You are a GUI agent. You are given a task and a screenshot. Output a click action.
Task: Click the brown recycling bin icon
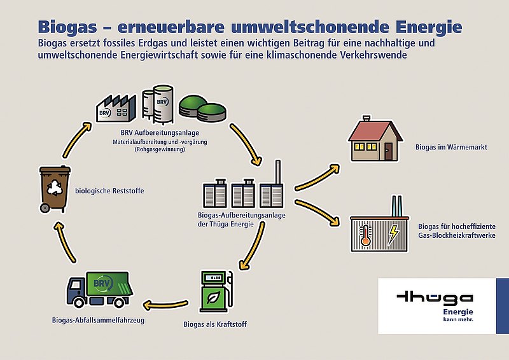click(x=55, y=190)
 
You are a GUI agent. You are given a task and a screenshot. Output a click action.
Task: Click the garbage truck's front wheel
click(x=79, y=302)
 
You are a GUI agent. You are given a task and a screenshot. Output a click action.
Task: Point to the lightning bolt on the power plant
click(x=393, y=235)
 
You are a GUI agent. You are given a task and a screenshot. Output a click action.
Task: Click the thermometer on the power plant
click(x=365, y=234)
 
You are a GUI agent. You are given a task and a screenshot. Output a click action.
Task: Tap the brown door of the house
click(x=388, y=151)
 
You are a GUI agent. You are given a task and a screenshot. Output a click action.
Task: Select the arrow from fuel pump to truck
click(x=165, y=305)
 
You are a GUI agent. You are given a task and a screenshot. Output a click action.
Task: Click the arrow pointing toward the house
click(x=317, y=177)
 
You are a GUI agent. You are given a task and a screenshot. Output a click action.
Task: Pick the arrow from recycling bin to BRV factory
click(x=76, y=139)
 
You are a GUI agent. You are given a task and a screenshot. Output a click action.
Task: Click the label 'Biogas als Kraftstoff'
click(x=215, y=324)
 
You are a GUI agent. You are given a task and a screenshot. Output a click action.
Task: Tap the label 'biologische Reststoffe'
click(x=109, y=191)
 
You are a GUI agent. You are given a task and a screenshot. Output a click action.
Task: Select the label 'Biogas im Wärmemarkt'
click(x=451, y=147)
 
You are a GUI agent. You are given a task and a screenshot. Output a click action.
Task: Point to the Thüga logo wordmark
click(x=435, y=298)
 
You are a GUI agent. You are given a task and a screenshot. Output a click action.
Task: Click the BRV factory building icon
click(x=116, y=108)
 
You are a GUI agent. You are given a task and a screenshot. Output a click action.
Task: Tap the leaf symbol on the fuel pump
click(x=213, y=296)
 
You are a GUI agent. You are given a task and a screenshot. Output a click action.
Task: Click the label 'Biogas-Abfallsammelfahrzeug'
click(x=98, y=320)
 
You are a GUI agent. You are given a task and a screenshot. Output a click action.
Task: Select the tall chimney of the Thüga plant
click(x=278, y=172)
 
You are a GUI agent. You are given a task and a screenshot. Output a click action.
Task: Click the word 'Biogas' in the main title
click(x=67, y=27)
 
